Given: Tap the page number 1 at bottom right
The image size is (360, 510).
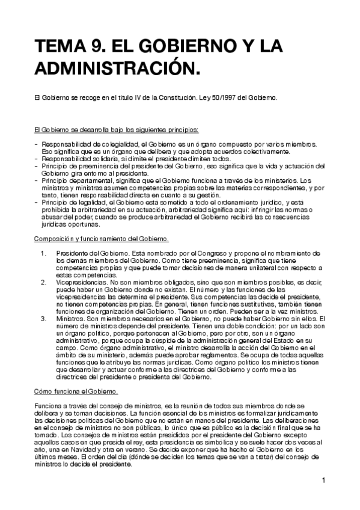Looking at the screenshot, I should tap(323, 480).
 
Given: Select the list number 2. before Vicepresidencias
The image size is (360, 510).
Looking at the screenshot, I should tap(44, 281).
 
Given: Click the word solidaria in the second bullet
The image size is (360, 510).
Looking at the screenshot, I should tap(102, 159).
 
